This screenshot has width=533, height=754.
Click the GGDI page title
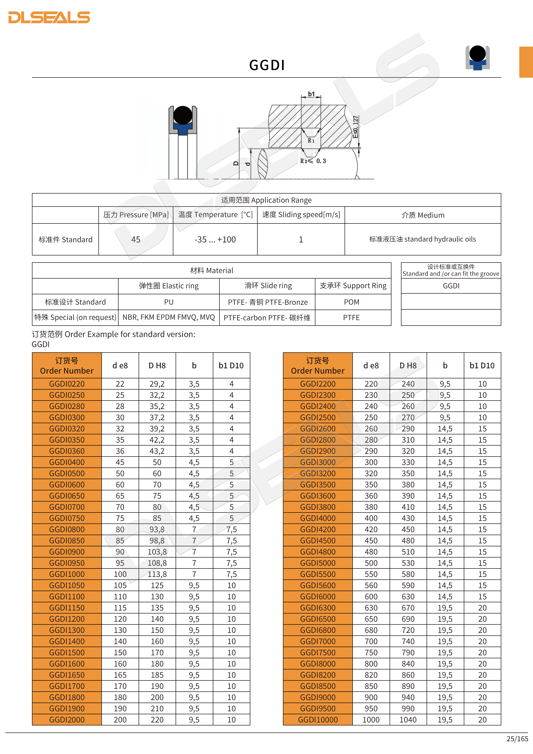coord(267,65)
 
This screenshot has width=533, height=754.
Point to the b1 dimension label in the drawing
coord(311,94)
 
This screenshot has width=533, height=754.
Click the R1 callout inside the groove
coord(311,141)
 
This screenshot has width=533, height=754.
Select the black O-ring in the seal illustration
coord(183,115)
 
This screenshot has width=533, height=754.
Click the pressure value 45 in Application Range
coord(136,239)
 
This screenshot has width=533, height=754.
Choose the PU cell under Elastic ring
coord(169,302)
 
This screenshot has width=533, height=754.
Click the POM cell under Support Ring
coord(351,302)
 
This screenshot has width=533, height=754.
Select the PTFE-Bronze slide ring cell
coord(267,302)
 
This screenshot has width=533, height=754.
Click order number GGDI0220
coord(67,384)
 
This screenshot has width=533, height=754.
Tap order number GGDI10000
coord(318,720)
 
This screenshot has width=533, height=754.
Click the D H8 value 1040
coord(408,720)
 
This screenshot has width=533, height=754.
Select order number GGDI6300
coord(318,608)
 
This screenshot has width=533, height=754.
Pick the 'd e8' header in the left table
coord(120,366)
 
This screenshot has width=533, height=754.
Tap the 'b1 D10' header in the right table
coord(482,366)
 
